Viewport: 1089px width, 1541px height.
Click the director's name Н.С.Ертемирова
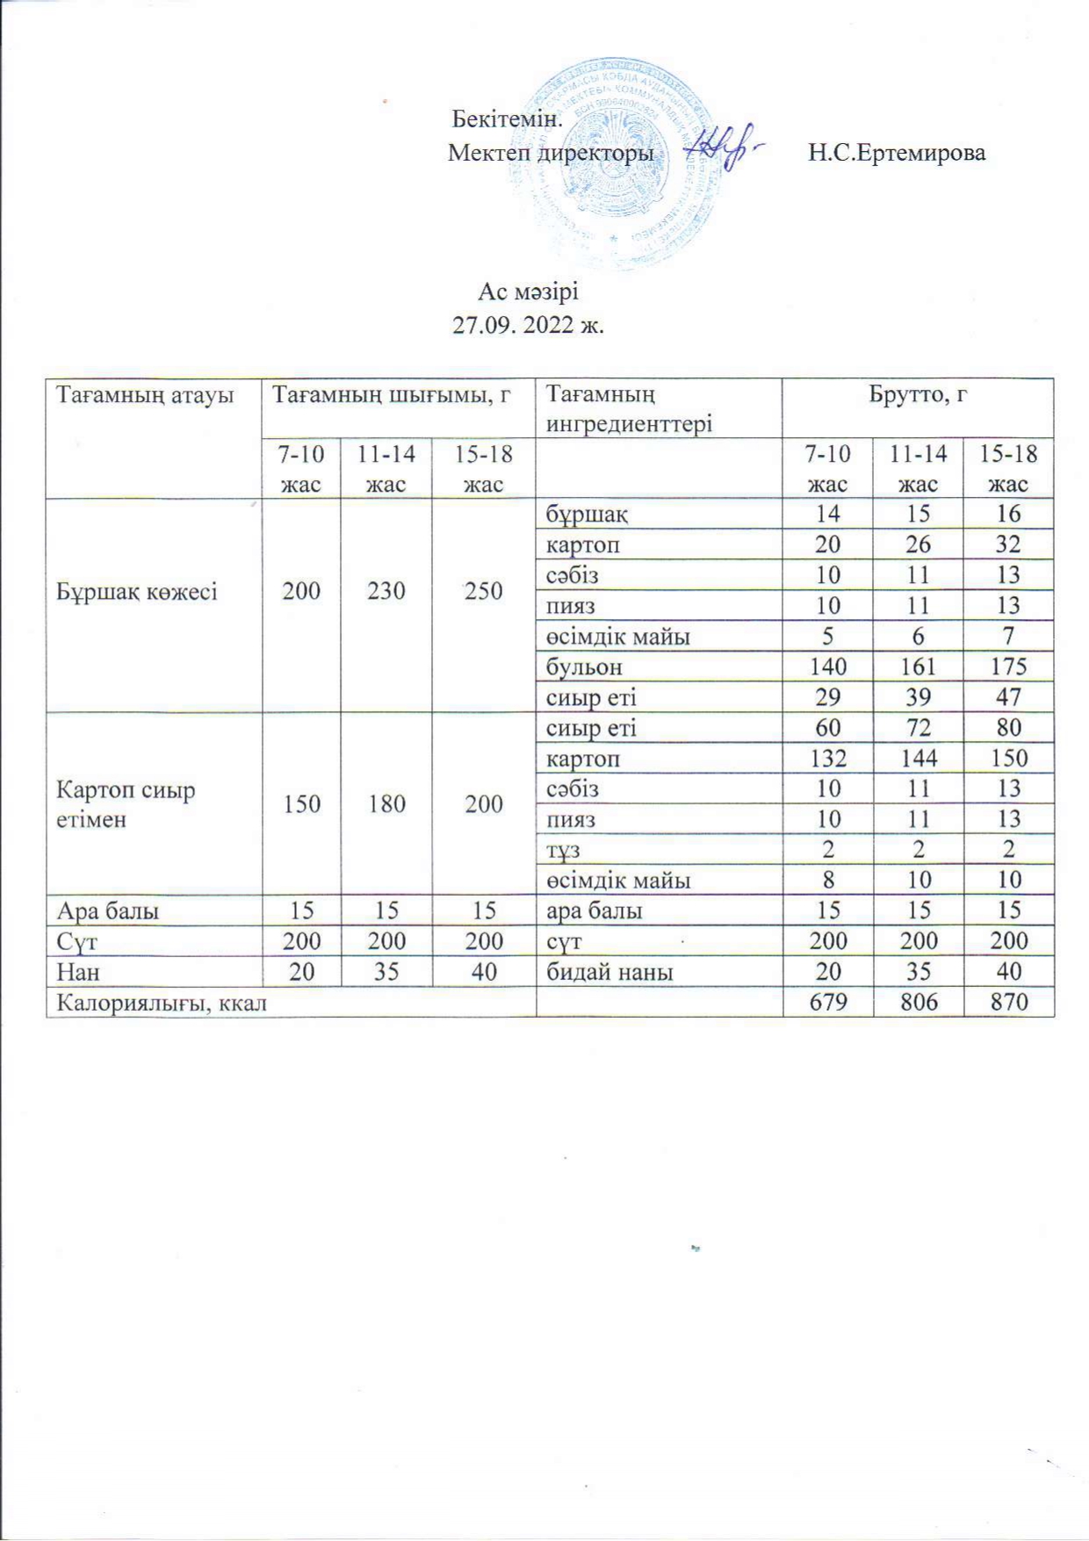(897, 153)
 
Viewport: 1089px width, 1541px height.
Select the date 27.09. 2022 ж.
(528, 325)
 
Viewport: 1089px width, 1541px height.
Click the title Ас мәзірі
(528, 290)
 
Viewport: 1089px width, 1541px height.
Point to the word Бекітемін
(507, 118)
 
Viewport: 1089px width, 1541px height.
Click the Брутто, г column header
(918, 395)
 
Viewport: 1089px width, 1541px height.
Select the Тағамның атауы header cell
(145, 395)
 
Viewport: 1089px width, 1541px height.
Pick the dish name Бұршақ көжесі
(137, 591)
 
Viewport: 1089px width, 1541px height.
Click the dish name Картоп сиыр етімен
(126, 804)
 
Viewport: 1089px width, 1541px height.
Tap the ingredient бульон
(584, 666)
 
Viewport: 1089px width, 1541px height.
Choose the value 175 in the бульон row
(1008, 666)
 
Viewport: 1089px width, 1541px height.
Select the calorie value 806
(918, 1002)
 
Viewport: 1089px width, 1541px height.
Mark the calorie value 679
(827, 1002)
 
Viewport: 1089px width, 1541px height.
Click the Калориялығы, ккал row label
(162, 1002)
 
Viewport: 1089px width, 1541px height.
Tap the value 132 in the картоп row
(827, 759)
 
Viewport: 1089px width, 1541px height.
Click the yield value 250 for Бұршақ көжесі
(483, 591)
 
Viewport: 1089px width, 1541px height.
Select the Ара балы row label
(107, 911)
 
